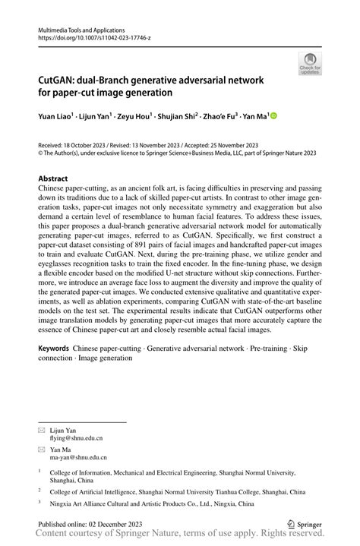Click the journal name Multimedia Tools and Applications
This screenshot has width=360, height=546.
(x=84, y=27)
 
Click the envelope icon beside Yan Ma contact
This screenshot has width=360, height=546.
(x=43, y=450)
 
